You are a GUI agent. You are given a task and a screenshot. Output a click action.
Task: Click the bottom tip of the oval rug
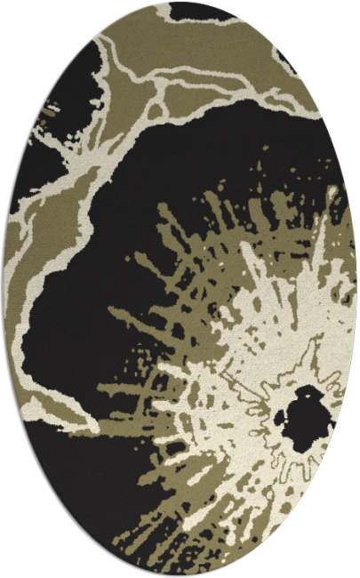[180, 574]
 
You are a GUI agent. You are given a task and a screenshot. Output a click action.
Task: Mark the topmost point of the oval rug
[180, 4]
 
